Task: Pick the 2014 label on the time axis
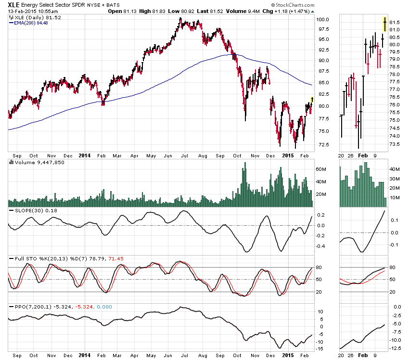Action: pyautogui.click(x=84, y=155)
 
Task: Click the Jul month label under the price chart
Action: pyautogui.click(x=184, y=155)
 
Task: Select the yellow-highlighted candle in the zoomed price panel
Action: pyautogui.click(x=385, y=24)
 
